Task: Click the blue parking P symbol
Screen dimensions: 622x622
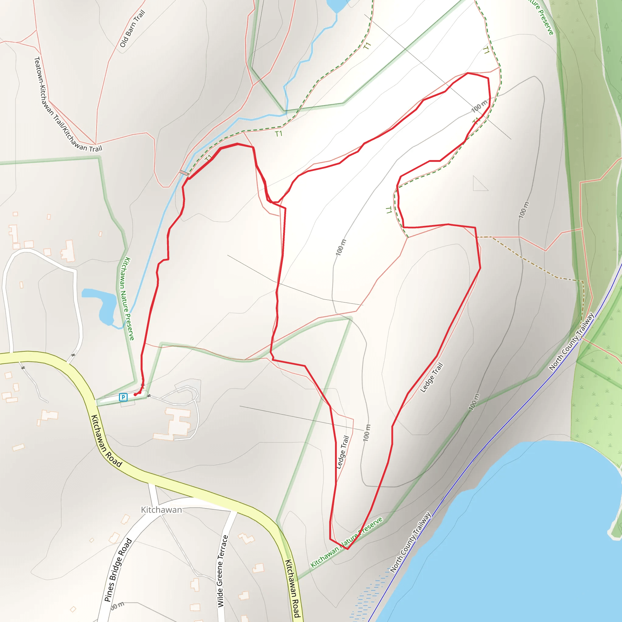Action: [x=123, y=397]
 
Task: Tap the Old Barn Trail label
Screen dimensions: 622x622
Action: [x=132, y=29]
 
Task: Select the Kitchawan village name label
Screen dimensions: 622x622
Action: [x=161, y=510]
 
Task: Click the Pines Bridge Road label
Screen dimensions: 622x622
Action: [x=118, y=570]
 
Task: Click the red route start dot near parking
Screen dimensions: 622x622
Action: [x=135, y=395]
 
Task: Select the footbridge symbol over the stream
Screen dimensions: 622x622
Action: [x=184, y=173]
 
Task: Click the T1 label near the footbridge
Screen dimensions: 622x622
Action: [x=208, y=158]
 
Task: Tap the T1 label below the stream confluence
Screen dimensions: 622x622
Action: [x=279, y=133]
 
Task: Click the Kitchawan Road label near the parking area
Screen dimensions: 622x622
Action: [x=106, y=441]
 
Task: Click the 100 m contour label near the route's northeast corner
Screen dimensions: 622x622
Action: [x=479, y=106]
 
